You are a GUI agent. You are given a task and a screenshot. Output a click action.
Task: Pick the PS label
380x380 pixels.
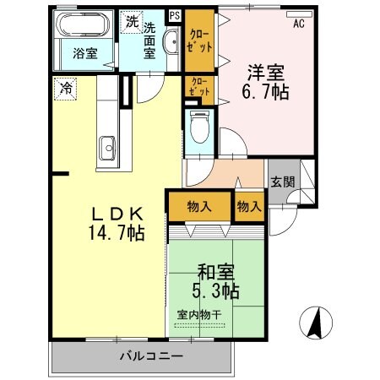click(175, 15)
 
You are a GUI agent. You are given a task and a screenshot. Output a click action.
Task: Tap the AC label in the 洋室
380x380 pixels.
click(298, 24)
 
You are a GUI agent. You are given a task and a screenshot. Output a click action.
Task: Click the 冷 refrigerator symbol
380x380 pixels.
click(65, 86)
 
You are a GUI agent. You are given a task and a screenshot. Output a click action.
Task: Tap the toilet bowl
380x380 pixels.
click(199, 128)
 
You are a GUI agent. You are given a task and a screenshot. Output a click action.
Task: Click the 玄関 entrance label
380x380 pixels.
click(283, 181)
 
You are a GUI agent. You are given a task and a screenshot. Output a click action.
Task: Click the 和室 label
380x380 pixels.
click(216, 272)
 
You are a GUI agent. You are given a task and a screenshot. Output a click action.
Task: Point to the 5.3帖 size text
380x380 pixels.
click(216, 291)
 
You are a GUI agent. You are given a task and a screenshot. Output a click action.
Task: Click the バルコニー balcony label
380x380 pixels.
click(150, 356)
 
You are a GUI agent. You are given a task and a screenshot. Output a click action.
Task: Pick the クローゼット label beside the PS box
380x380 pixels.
click(198, 31)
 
